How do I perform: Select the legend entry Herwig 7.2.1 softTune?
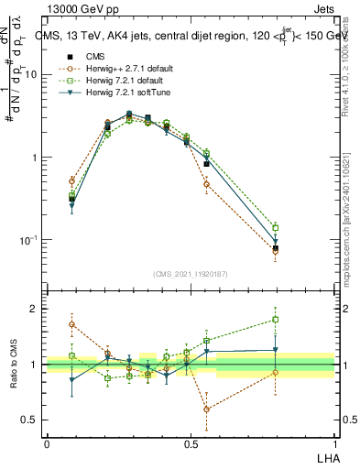pos(123,93)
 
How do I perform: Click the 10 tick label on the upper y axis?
pos(29,75)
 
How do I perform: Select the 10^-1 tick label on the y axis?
pos(27,240)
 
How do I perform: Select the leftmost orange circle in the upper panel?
pos(72,181)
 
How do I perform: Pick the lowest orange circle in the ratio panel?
pos(207,409)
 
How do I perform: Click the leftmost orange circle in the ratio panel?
pos(72,323)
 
